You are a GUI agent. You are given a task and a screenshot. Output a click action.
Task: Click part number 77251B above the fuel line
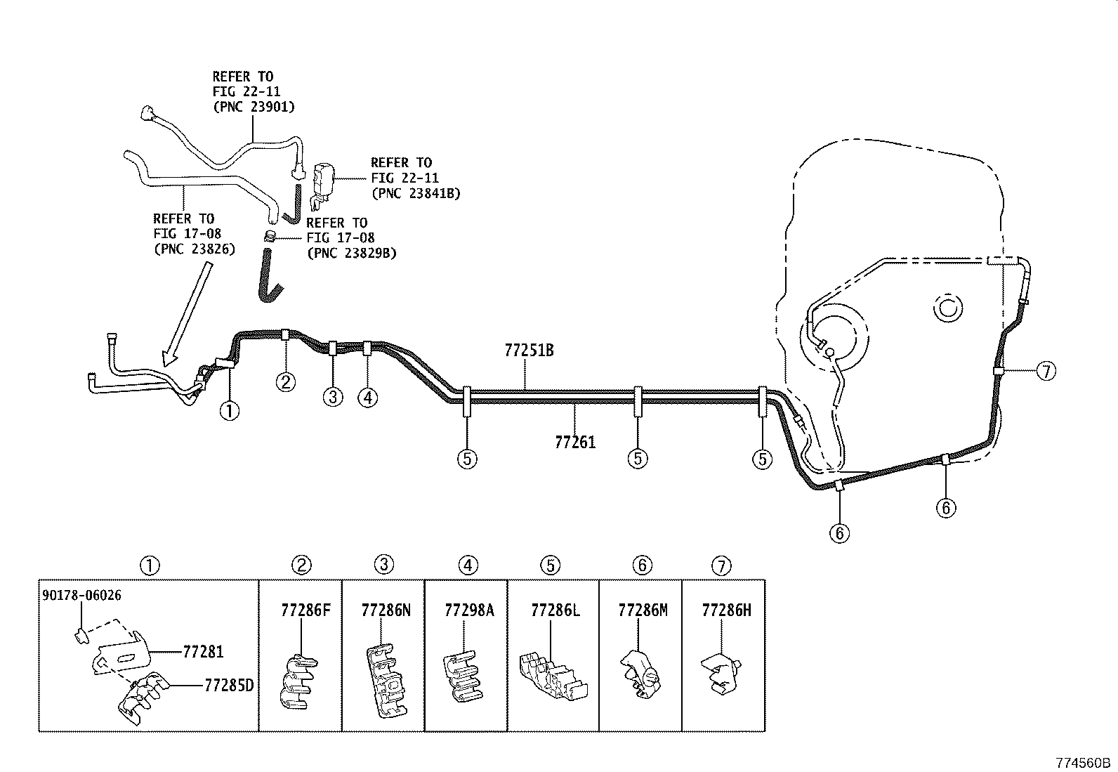point(529,350)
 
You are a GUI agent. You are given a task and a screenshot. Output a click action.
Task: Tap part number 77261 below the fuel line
point(574,442)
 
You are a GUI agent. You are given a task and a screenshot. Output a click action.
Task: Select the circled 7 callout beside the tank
point(1046,370)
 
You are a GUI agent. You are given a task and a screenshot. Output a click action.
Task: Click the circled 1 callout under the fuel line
point(229,410)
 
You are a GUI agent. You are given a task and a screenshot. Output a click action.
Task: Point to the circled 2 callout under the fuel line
point(286,381)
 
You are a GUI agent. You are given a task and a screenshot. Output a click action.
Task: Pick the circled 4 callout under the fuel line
point(367,398)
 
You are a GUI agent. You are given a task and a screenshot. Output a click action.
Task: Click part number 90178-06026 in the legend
point(81,596)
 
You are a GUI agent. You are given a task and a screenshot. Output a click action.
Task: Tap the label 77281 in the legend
point(203,652)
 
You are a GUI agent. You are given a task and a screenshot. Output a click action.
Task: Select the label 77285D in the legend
point(228,685)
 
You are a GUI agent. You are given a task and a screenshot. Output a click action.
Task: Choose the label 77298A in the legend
point(468,610)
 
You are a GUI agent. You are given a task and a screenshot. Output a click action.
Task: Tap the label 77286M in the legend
point(643,610)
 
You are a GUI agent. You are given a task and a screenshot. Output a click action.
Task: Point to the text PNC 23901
point(254,107)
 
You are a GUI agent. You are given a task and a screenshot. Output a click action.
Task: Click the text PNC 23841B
point(416,193)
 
